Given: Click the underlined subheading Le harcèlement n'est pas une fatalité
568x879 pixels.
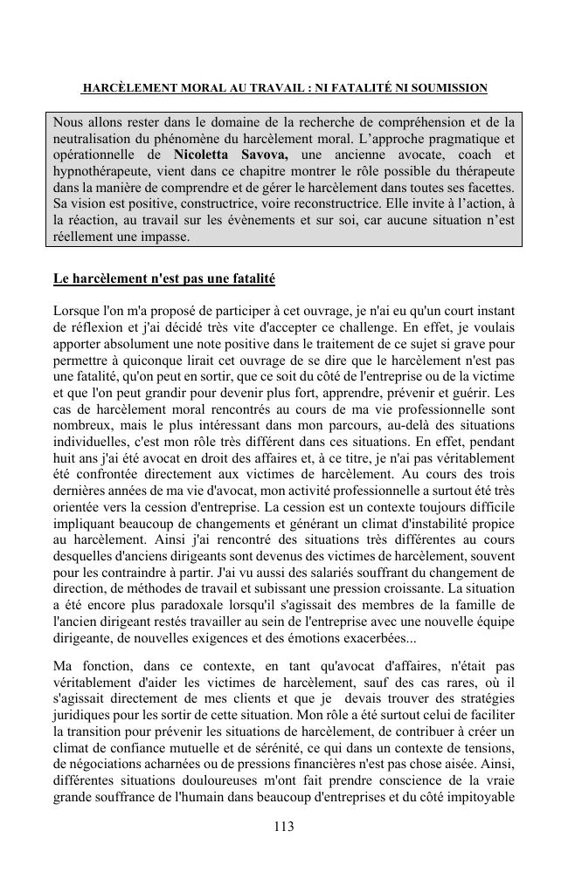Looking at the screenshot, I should pos(164,279).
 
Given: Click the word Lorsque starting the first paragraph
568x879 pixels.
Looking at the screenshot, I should pos(77,311).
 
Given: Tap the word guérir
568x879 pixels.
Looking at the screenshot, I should pos(495,393).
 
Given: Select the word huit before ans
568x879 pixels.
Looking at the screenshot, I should pos(66,458).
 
